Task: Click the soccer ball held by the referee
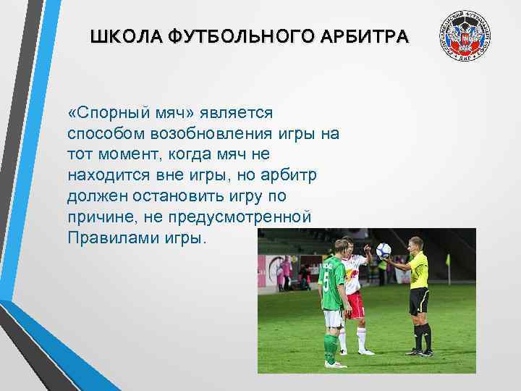tap(384, 251)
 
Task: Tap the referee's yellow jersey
tap(418, 272)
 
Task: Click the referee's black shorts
tap(419, 300)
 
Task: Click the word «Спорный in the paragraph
tap(107, 114)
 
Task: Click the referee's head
tap(415, 243)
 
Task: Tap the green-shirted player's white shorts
tap(332, 318)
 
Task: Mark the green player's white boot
tap(334, 363)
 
